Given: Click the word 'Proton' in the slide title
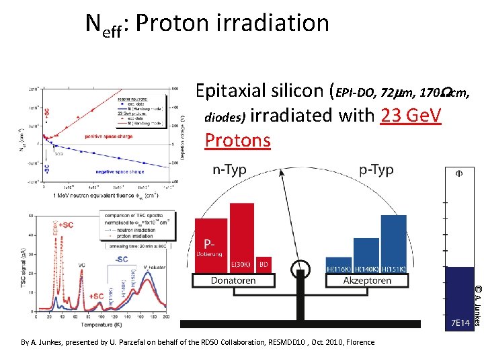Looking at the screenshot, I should click(176, 24).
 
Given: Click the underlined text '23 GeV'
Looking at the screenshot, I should click(410, 116).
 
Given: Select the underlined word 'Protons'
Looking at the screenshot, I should click(237, 140).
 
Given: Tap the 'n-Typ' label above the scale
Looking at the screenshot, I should click(229, 170).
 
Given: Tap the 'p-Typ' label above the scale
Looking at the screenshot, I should click(376, 170).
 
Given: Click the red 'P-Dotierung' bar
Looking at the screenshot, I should click(210, 245).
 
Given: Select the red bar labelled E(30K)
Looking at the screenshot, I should click(242, 237).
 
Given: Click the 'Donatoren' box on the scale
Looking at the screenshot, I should click(233, 280).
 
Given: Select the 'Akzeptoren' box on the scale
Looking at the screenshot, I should click(367, 280).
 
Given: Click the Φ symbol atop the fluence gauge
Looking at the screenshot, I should click(460, 173).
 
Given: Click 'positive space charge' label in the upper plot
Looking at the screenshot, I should click(108, 136).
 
